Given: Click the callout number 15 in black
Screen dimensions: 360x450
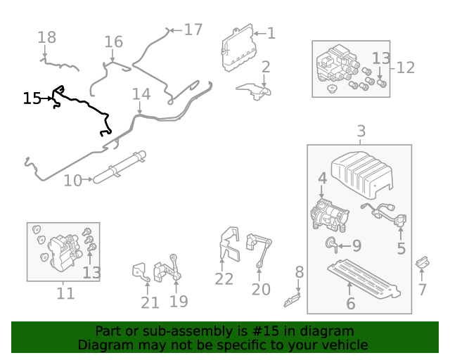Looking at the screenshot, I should click(32, 98).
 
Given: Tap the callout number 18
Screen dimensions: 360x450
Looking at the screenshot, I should click(46, 37).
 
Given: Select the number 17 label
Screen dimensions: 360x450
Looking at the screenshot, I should click(193, 30).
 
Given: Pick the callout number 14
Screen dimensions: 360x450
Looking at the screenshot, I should click(141, 94).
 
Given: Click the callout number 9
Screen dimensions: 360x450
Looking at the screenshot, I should click(356, 246).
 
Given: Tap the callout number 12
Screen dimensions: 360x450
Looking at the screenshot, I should click(406, 68).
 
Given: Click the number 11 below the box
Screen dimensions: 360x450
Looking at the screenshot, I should click(65, 293).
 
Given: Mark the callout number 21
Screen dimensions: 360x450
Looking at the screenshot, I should click(150, 302).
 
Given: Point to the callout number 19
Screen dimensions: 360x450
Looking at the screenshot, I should click(179, 302).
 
